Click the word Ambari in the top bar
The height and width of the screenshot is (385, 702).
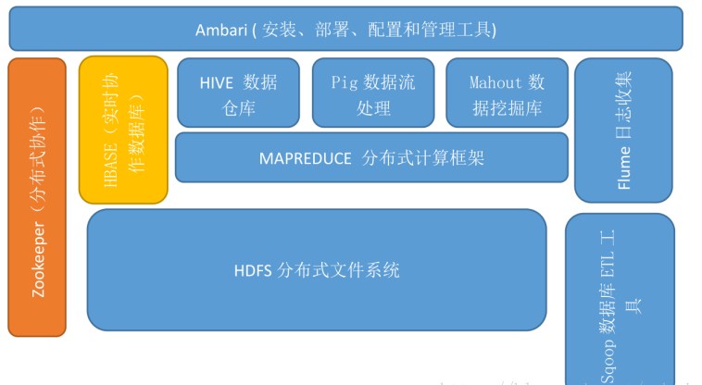pyautogui.click(x=219, y=30)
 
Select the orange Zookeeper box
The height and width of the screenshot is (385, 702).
pyautogui.click(x=38, y=196)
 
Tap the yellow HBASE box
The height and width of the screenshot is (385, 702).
pyautogui.click(x=123, y=130)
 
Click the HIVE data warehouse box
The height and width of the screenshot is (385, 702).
pyautogui.click(x=238, y=93)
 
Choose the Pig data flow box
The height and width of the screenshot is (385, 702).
pyautogui.click(x=373, y=93)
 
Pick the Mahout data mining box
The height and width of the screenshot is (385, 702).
pyautogui.click(x=507, y=93)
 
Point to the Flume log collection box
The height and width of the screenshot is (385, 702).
pyautogui.click(x=623, y=130)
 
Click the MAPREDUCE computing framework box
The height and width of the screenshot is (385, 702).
pyautogui.click(x=371, y=157)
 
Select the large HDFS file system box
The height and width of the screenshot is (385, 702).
pyautogui.click(x=317, y=270)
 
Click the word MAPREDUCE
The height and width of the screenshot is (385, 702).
pyautogui.click(x=299, y=158)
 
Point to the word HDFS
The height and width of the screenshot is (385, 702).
pyautogui.click(x=253, y=271)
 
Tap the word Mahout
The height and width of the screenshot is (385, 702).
pyautogui.click(x=495, y=82)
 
